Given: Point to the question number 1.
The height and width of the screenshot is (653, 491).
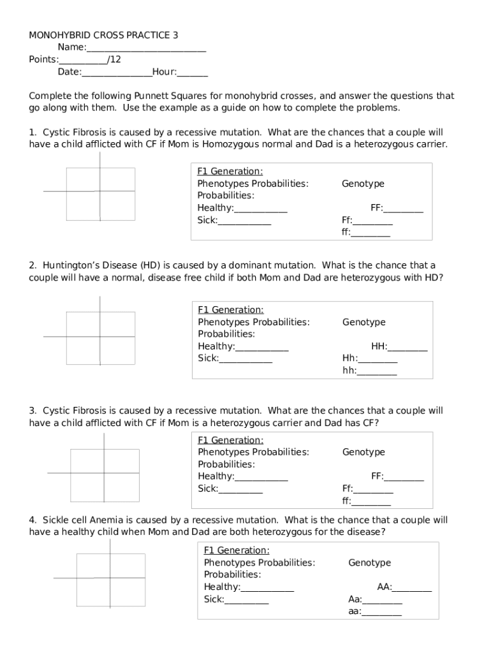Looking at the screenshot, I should [32, 133].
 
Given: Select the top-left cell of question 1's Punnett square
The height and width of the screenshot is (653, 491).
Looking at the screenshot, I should [83, 179].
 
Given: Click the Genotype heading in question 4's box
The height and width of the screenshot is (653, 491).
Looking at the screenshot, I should [370, 563].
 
